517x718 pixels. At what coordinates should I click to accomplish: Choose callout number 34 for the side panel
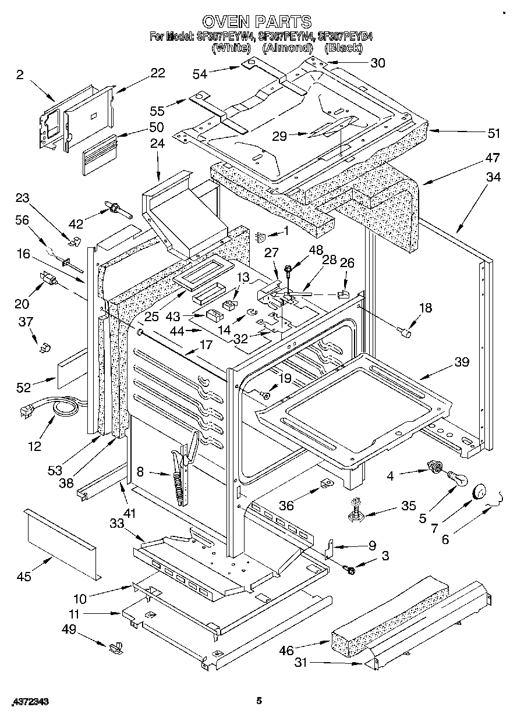coord(493,177)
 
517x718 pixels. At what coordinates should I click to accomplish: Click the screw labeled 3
coord(350,571)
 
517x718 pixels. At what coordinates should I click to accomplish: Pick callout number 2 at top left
coord(20,74)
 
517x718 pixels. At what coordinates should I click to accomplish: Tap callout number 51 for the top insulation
coord(493,133)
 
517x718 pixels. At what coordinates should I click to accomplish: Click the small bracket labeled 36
coord(326,484)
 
